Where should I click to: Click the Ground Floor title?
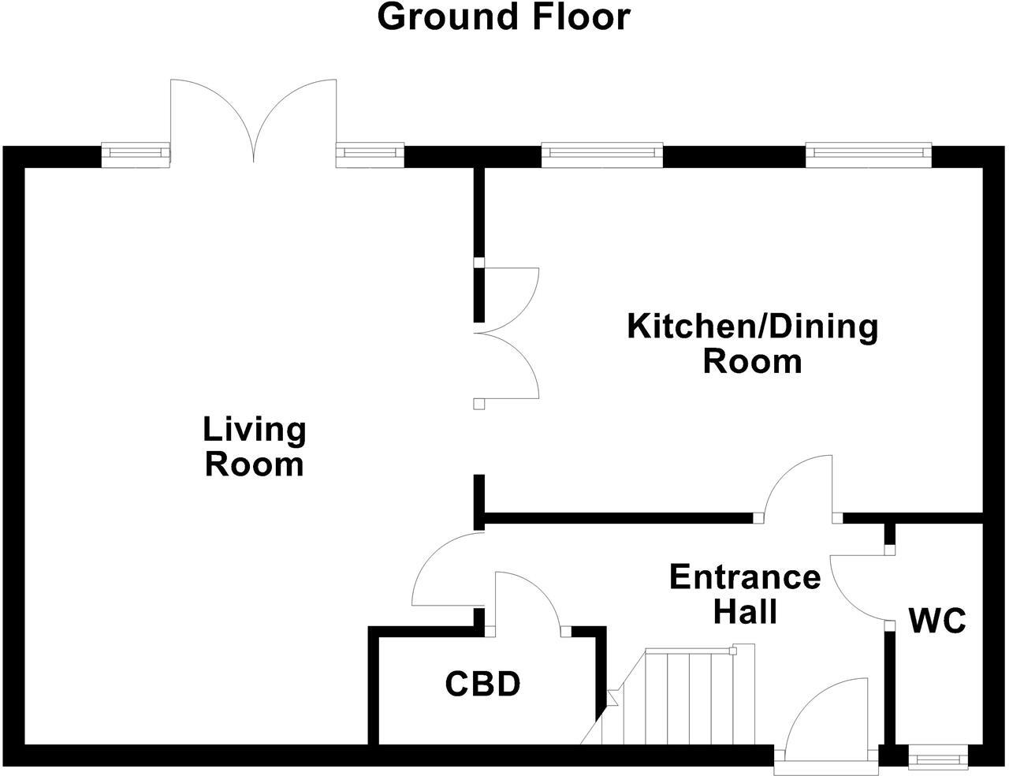[x=504, y=17]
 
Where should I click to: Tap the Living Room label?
[x=254, y=447]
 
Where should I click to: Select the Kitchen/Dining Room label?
[x=752, y=344]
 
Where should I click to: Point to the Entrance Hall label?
[x=745, y=594]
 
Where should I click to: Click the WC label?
[x=937, y=621]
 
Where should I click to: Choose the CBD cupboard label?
[x=482, y=684]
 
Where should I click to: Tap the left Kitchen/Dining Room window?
[x=601, y=155]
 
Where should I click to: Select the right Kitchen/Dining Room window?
[x=867, y=155]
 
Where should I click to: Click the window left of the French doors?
[x=136, y=155]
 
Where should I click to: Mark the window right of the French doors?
[x=370, y=155]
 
